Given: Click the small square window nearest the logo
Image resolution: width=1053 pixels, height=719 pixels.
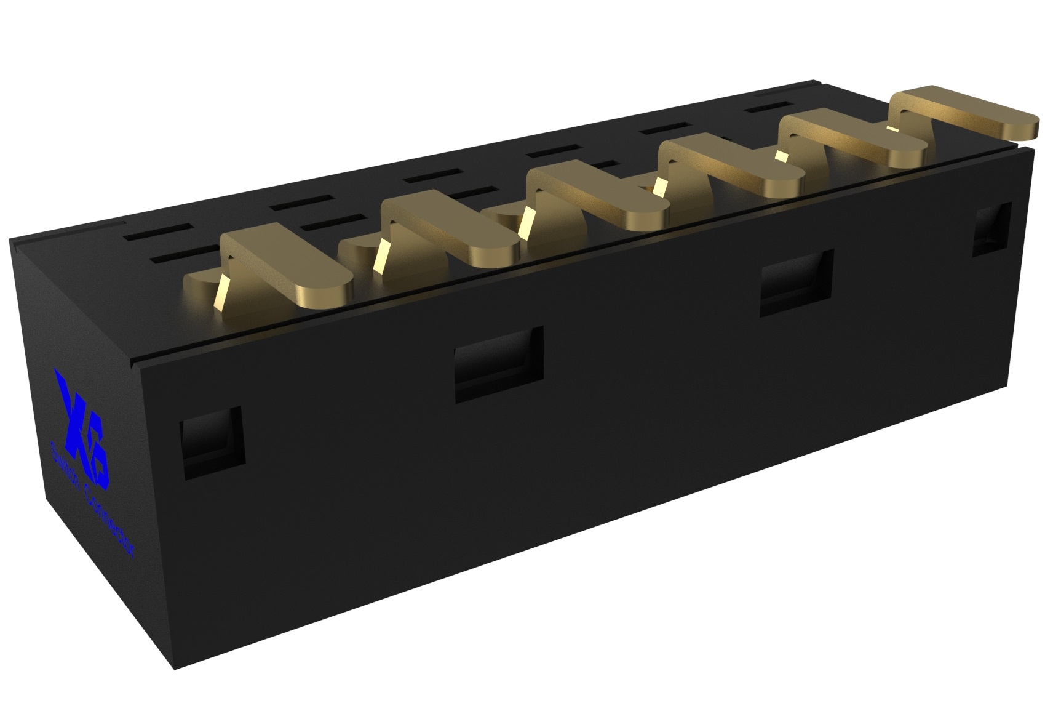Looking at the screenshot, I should (211, 442).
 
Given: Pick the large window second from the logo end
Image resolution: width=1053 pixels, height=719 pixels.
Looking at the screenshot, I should (498, 364).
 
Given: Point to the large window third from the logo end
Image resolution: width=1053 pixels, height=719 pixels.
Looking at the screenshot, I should (797, 283).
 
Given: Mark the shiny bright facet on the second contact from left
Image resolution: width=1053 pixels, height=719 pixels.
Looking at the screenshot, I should (382, 255).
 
